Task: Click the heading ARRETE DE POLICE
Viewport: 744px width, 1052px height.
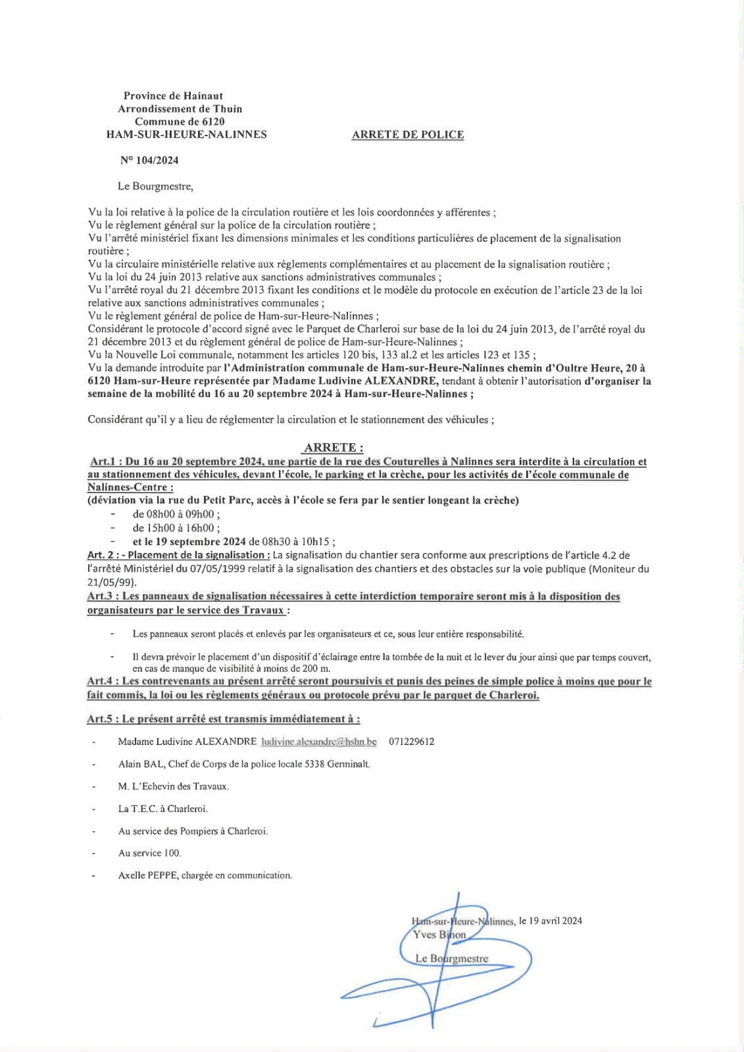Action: tap(407, 135)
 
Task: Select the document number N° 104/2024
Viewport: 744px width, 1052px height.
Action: tap(149, 160)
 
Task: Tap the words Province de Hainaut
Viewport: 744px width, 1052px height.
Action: tap(173, 96)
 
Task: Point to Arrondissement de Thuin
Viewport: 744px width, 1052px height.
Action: tap(180, 109)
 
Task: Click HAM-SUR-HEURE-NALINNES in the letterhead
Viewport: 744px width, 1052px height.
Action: tap(186, 135)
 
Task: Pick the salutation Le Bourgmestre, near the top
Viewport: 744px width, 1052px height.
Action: tap(155, 186)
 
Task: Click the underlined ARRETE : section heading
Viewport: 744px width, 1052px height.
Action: tap(333, 448)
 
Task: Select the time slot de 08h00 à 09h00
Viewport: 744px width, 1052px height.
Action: tap(176, 515)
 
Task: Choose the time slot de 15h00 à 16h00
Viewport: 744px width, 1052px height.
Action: tap(176, 529)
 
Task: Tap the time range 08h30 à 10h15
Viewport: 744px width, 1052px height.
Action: tap(301, 542)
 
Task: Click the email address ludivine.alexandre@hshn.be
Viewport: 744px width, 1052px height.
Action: tap(319, 742)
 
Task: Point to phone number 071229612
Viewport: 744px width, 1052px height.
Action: tap(411, 742)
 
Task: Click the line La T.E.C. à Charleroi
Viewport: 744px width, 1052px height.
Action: tap(162, 809)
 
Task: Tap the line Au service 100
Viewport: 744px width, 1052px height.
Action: tap(149, 853)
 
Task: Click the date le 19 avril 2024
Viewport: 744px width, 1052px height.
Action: tap(550, 921)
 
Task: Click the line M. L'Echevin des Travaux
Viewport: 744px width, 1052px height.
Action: tap(174, 786)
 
